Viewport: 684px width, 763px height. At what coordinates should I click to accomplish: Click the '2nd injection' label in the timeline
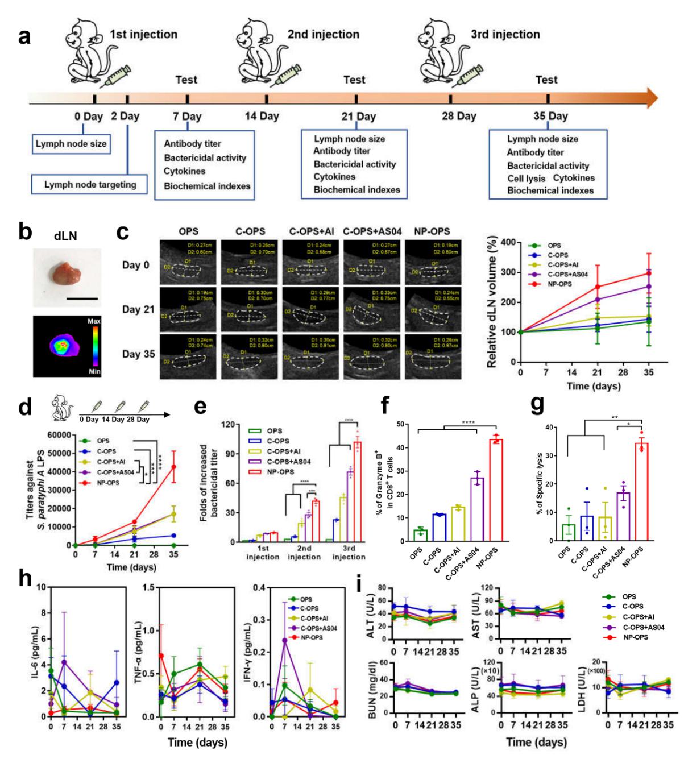click(x=323, y=34)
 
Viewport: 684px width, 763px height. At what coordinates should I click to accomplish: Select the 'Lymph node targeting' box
click(x=90, y=185)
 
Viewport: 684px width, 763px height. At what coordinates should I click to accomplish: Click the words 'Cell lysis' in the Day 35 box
click(x=526, y=178)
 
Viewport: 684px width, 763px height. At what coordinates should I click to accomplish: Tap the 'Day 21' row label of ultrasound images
click(x=139, y=310)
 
